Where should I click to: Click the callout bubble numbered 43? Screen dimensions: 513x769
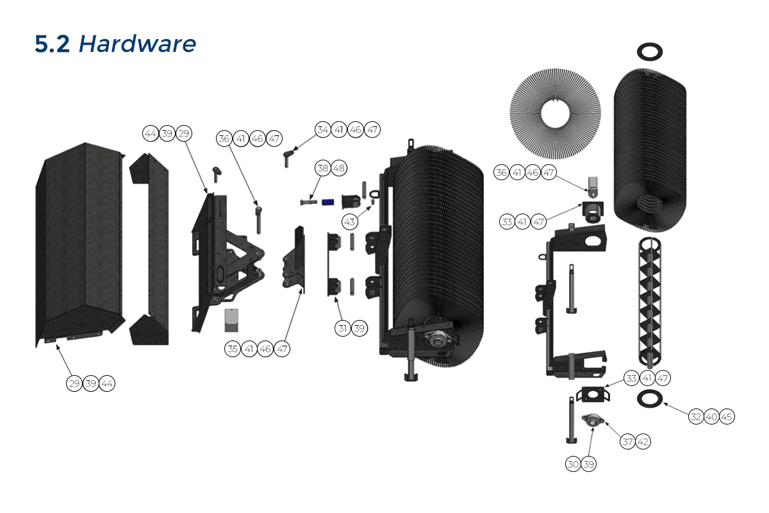click(x=349, y=222)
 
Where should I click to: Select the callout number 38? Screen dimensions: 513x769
click(x=322, y=168)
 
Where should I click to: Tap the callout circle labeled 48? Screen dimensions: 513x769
click(x=339, y=168)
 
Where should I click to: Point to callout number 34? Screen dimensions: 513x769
click(x=322, y=130)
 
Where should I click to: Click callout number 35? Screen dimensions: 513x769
click(x=233, y=349)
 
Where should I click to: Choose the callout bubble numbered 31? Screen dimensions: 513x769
click(x=343, y=328)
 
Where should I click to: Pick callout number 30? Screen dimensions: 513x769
click(x=573, y=464)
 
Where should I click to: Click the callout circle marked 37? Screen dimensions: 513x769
click(x=627, y=441)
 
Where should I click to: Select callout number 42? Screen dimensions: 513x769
click(x=643, y=441)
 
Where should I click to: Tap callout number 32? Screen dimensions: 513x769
click(x=695, y=417)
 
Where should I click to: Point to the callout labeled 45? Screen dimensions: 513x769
click(x=727, y=417)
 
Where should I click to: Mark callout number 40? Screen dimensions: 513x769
click(x=711, y=417)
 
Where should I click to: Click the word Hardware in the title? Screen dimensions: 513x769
click(x=137, y=44)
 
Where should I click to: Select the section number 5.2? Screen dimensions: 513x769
click(x=53, y=44)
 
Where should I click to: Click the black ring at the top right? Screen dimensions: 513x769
click(x=649, y=51)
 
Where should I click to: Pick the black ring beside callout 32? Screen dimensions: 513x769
click(x=649, y=399)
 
